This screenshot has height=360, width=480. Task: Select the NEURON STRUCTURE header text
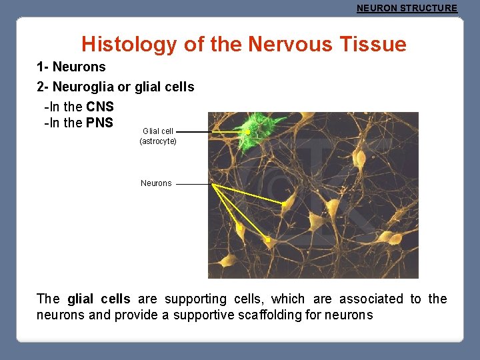click(407, 9)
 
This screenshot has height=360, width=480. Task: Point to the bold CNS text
click(100, 107)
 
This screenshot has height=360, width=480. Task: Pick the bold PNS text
click(99, 123)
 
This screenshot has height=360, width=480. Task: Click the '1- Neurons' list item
click(71, 67)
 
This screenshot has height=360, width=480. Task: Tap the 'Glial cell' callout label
click(158, 131)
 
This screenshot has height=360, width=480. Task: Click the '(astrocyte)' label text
click(158, 141)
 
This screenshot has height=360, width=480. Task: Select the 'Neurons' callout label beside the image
click(156, 183)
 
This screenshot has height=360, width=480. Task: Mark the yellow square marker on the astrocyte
click(247, 133)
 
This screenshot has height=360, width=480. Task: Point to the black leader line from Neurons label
click(193, 183)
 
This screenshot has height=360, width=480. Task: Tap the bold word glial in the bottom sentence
click(82, 299)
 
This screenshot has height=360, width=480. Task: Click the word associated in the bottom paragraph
click(371, 299)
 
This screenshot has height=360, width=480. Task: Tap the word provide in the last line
click(137, 315)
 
